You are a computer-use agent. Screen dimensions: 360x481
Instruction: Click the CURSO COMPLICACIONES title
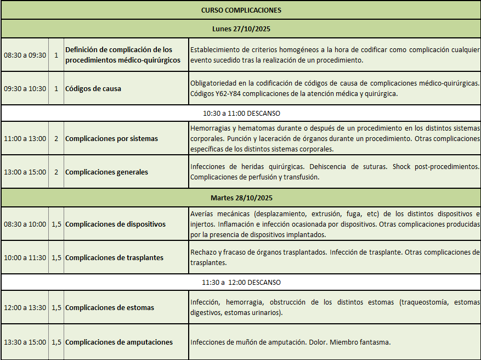(241, 10)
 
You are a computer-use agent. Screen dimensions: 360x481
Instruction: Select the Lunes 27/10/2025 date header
(241, 29)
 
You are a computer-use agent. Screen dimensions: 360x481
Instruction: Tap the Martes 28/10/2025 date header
(241, 198)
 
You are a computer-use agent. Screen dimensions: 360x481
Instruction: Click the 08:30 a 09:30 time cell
(25, 55)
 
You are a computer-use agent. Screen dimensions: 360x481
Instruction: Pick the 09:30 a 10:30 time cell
(25, 88)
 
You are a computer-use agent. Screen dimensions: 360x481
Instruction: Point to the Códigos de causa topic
(93, 88)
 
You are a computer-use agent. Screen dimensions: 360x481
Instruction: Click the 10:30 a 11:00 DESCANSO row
(241, 114)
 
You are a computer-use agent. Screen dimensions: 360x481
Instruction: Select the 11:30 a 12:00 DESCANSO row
(241, 283)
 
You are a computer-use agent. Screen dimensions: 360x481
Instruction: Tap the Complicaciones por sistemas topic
(111, 139)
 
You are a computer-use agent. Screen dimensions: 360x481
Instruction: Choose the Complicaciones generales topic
(106, 172)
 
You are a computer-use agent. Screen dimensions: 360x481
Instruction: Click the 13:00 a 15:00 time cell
(25, 172)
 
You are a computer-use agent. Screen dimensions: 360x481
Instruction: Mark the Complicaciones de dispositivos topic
(115, 224)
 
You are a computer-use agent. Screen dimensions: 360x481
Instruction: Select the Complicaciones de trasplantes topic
(114, 258)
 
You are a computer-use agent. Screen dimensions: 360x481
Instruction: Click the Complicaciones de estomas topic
(110, 308)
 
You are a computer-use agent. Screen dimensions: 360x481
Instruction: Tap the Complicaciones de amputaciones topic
(119, 342)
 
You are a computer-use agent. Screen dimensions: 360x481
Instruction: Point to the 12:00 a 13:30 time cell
(25, 308)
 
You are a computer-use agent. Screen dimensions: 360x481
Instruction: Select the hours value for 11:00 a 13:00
(56, 139)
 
